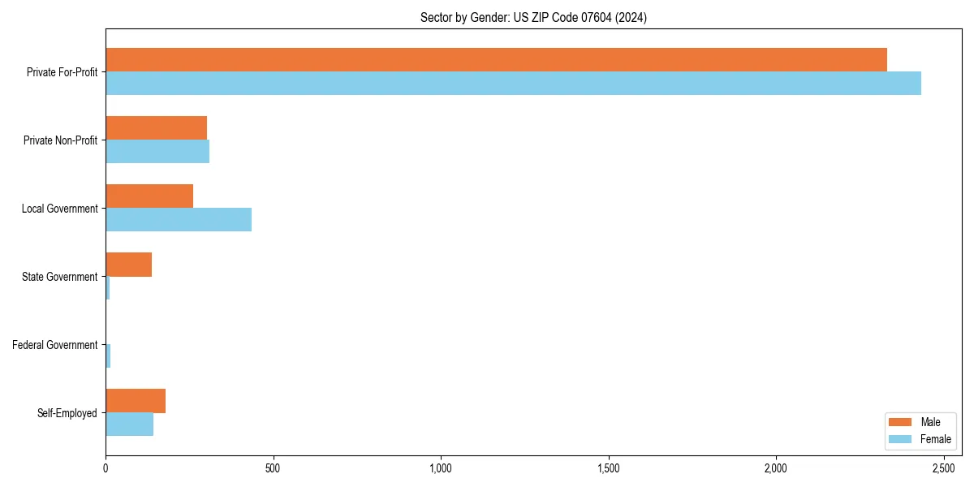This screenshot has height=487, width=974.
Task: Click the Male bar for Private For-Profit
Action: pyautogui.click(x=496, y=60)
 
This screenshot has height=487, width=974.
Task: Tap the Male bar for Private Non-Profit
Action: pyautogui.click(x=156, y=128)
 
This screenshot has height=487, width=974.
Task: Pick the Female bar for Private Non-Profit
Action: pyautogui.click(x=157, y=151)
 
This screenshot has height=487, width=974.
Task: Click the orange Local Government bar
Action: pyautogui.click(x=149, y=196)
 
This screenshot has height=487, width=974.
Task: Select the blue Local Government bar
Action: pyautogui.click(x=179, y=219)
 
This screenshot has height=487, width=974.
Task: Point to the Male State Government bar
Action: pyautogui.click(x=128, y=265)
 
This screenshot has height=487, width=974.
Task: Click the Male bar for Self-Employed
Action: pyautogui.click(x=136, y=401)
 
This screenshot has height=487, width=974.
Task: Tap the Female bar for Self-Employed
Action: pyautogui.click(x=129, y=424)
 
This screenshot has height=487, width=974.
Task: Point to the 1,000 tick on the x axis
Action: pyautogui.click(x=441, y=468)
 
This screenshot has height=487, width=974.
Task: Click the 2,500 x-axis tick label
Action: pyautogui.click(x=943, y=468)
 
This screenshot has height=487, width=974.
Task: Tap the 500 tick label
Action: pyautogui.click(x=273, y=468)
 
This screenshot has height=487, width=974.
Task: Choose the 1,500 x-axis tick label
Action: pyautogui.click(x=608, y=468)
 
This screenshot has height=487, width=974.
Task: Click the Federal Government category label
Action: pyautogui.click(x=54, y=345)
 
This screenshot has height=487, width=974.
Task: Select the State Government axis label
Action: pyautogui.click(x=59, y=277)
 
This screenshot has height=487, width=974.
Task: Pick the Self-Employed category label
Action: pyautogui.click(x=67, y=413)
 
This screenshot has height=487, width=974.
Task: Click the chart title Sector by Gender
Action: pyautogui.click(x=533, y=17)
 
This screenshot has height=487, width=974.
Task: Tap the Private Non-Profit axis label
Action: pyautogui.click(x=60, y=140)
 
